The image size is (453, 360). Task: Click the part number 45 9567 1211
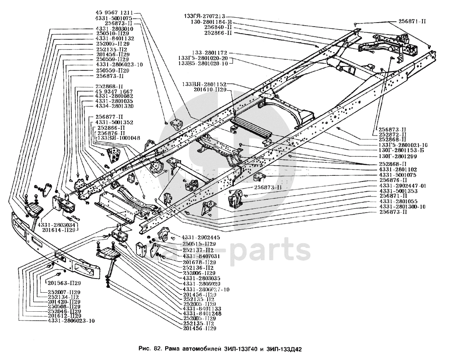click(x=114, y=12)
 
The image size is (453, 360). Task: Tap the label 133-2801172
click(x=209, y=53)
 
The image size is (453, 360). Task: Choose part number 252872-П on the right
click(x=393, y=134)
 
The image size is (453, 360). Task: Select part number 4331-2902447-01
click(x=403, y=186)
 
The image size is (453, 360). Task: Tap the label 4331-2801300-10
click(x=402, y=207)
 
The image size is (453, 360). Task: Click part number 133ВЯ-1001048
click(x=118, y=138)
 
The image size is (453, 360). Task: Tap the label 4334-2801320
click(x=114, y=107)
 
